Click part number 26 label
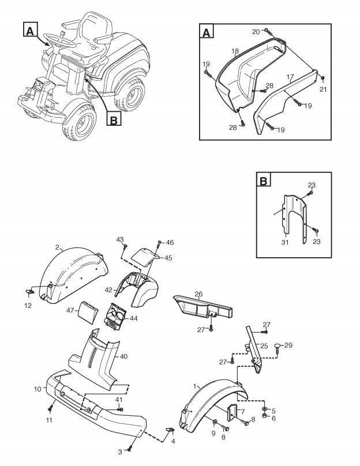[x=198, y=294]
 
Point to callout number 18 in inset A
[x=235, y=52]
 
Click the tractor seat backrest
[x=95, y=22]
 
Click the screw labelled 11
[x=50, y=409]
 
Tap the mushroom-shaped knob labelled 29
[x=278, y=347]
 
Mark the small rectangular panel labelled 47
[x=89, y=311]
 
